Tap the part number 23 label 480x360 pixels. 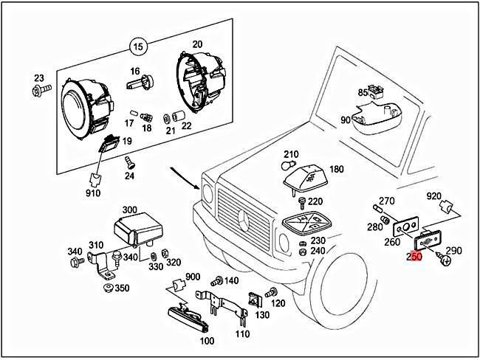tap(39, 77)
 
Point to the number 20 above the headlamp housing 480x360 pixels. tap(196, 45)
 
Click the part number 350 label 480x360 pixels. tap(122, 287)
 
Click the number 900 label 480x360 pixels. tap(193, 277)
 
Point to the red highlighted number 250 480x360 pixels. tap(414, 257)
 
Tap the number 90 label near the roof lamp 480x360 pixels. tap(346, 120)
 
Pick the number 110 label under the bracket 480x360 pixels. tap(241, 333)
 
